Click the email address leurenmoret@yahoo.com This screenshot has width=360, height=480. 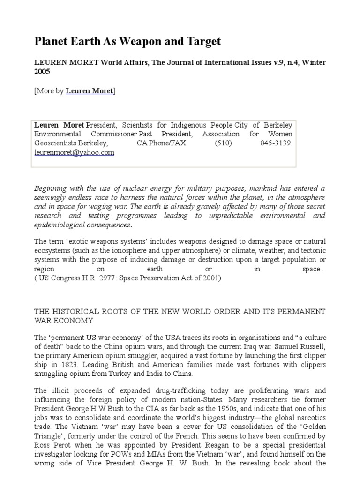74,152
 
